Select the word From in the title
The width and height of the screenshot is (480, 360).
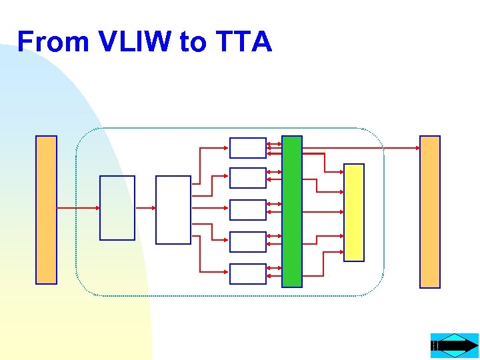coord(53,42)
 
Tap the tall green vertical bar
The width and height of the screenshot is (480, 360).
coord(292,211)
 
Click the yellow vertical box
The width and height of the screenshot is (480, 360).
coord(354,212)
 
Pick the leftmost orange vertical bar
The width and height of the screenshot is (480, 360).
coord(46,210)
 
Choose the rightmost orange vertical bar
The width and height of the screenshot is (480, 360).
coord(430,212)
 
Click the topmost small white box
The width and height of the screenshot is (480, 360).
coord(247,147)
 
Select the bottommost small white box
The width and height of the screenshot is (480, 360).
coord(247,274)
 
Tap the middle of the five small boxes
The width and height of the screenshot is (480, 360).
coord(247,210)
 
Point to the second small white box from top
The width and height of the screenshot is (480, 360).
coord(247,178)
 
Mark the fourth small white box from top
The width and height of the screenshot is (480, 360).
coord(247,242)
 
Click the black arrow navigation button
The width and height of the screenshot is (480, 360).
coord(455,346)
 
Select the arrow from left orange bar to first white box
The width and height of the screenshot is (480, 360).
coord(78,208)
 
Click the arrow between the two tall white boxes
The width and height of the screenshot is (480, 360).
coord(145,208)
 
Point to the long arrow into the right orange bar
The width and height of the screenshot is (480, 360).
coord(360,147)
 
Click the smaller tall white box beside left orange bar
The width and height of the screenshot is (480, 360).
coord(117,208)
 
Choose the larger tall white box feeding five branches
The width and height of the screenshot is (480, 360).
coord(173,210)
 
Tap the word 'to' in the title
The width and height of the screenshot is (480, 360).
coord(193,42)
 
